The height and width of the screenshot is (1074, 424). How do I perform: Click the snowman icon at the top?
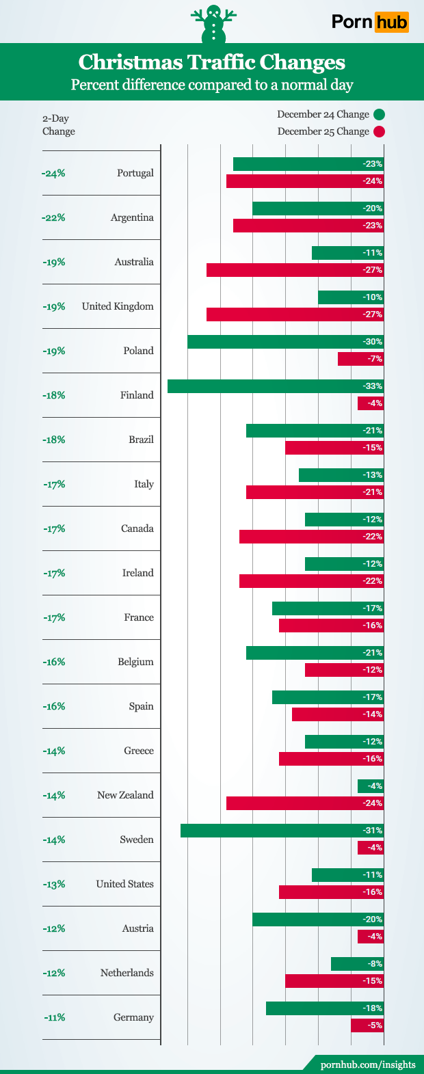213,25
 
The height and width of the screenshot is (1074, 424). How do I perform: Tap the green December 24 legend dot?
380,115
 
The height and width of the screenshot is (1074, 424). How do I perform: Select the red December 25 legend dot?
380,132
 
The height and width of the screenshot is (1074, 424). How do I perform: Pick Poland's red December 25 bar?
360,359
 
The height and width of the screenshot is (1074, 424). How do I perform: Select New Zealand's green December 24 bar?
370,786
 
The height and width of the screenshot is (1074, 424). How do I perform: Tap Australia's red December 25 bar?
295,270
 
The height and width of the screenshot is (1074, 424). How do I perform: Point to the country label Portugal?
135,173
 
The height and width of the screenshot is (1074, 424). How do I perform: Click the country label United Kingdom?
118,306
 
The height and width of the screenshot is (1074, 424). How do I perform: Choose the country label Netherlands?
127,973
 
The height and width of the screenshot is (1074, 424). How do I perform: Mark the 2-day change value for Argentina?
53,217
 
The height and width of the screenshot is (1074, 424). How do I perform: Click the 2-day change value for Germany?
53,1017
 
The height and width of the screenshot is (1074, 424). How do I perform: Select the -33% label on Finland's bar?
373,386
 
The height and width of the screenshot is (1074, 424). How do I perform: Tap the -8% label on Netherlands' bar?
374,964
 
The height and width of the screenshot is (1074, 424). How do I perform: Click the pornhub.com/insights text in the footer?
368,1064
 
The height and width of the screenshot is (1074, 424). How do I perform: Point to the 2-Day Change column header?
58,125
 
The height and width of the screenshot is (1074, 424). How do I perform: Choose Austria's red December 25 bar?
370,937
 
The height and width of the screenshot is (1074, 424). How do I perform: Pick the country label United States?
124,884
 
